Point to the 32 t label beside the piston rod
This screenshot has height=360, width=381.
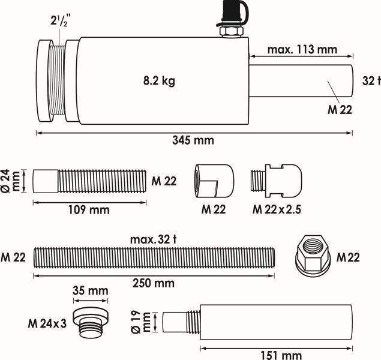coord(372,80)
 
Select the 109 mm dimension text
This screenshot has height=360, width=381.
coord(89,210)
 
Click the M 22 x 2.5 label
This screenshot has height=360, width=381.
coord(277,209)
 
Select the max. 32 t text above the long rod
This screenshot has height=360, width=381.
coord(154,239)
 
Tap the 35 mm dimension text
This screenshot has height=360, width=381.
coord(90,291)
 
